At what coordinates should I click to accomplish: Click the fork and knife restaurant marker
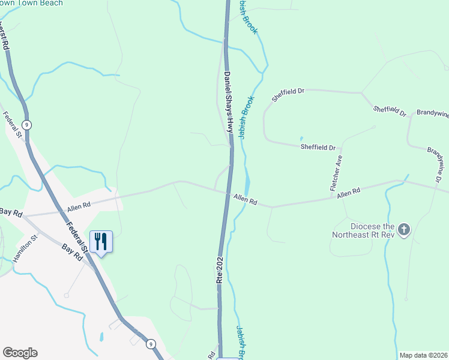point(101,242)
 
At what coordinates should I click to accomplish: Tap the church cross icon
point(404,229)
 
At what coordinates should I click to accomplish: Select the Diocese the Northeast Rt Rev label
point(364,230)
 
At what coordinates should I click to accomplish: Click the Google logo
point(20,353)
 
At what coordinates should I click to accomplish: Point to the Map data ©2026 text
point(423,355)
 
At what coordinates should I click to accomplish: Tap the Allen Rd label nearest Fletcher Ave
point(348,193)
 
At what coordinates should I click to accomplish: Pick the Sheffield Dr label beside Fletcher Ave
point(318,146)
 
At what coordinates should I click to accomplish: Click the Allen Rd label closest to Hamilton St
point(79,206)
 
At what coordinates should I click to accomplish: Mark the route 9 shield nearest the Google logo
point(151,344)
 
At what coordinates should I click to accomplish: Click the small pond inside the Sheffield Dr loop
point(301,139)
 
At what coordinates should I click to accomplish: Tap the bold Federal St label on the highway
point(79,238)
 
